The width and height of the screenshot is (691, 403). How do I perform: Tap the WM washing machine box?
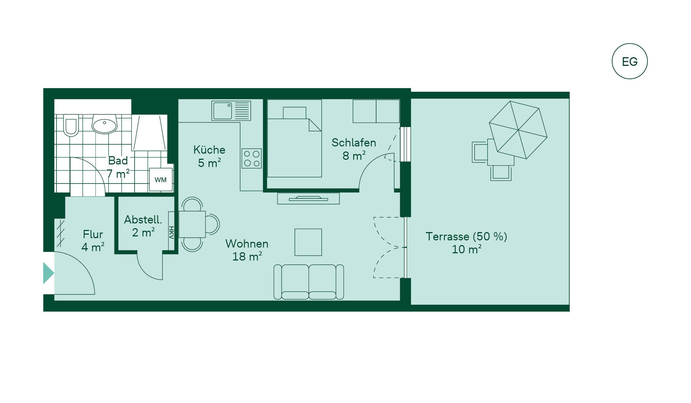tap(161, 180)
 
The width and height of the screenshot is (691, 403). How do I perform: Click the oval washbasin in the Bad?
tap(104, 124)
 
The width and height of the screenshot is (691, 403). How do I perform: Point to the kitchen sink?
tap(231, 110)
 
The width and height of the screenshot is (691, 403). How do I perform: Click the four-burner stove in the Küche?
tap(252, 158)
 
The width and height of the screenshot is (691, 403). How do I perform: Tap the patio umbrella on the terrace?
tap(518, 130)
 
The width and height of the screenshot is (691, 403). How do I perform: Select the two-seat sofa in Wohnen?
tap(309, 282)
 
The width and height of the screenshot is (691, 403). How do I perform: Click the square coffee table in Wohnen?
tap(308, 242)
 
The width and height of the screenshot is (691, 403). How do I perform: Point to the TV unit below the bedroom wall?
tap(308, 199)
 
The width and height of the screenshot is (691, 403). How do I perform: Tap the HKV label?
tap(171, 232)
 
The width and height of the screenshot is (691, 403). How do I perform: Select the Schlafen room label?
tap(354, 143)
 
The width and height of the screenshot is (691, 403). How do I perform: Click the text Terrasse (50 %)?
tap(466, 236)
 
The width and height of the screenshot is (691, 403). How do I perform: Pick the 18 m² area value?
tap(247, 257)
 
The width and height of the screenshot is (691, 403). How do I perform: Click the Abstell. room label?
tap(143, 219)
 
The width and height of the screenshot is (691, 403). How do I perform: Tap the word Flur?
tap(93, 234)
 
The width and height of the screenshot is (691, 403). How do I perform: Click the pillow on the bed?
tap(294, 113)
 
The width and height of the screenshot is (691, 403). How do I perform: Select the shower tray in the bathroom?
tap(149, 132)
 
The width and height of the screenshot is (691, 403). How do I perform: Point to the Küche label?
tap(209, 149)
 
